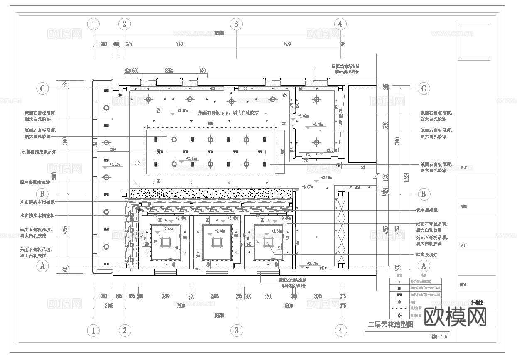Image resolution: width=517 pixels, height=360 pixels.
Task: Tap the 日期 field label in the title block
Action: pos(464,168)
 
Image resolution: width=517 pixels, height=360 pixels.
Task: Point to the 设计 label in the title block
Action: pos(464,245)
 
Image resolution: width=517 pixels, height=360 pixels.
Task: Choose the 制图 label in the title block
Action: pos(464,206)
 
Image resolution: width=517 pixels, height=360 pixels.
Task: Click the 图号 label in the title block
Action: pos(464,285)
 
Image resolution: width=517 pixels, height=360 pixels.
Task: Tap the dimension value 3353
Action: pos(169,71)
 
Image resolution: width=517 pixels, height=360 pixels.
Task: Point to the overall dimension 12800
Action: pos(59,176)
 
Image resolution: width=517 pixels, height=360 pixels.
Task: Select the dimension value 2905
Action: pos(215,296)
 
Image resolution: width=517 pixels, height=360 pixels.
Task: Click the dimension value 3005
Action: pos(318,296)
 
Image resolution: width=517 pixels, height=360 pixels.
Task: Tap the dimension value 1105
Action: pos(138,164)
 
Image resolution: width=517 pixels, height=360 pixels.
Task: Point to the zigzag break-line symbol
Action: pos(377,176)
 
